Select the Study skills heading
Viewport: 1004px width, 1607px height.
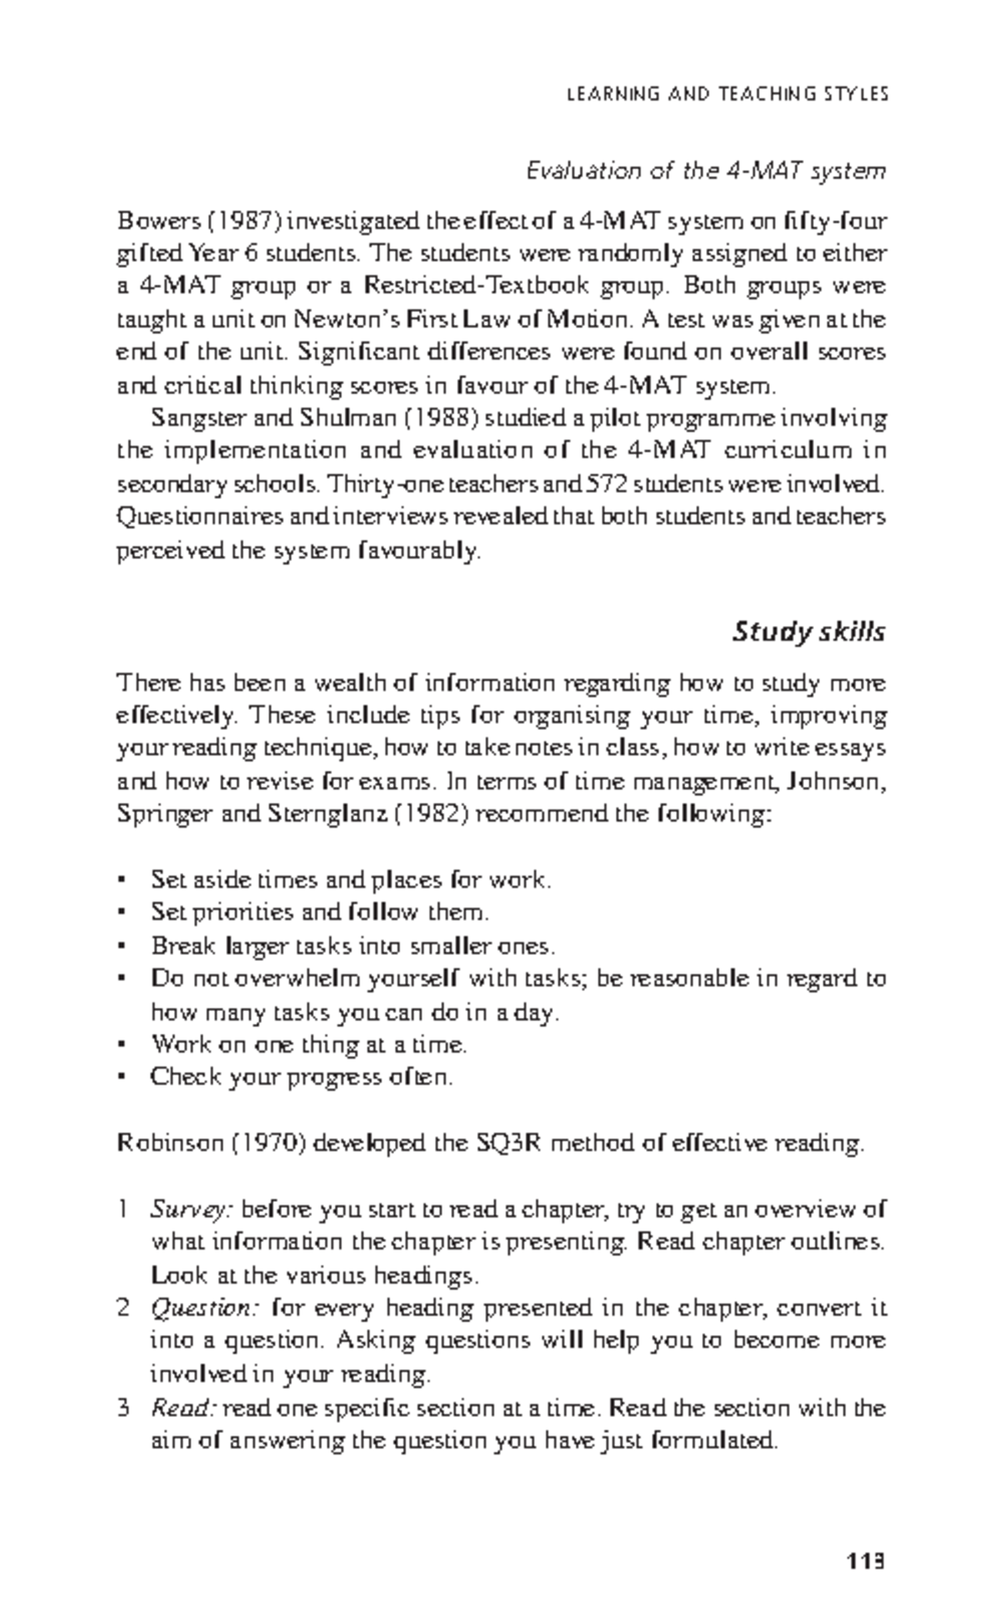808,632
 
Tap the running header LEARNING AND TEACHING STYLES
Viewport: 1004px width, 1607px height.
727,95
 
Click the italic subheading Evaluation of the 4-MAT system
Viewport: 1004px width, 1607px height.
704,172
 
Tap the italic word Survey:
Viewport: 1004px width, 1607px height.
192,1210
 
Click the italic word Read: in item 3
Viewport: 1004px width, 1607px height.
184,1408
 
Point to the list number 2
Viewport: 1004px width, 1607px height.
123,1308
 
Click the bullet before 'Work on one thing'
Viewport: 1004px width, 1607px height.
123,1045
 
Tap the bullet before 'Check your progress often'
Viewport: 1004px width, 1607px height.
123,1078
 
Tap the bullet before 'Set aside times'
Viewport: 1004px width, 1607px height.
123,881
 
